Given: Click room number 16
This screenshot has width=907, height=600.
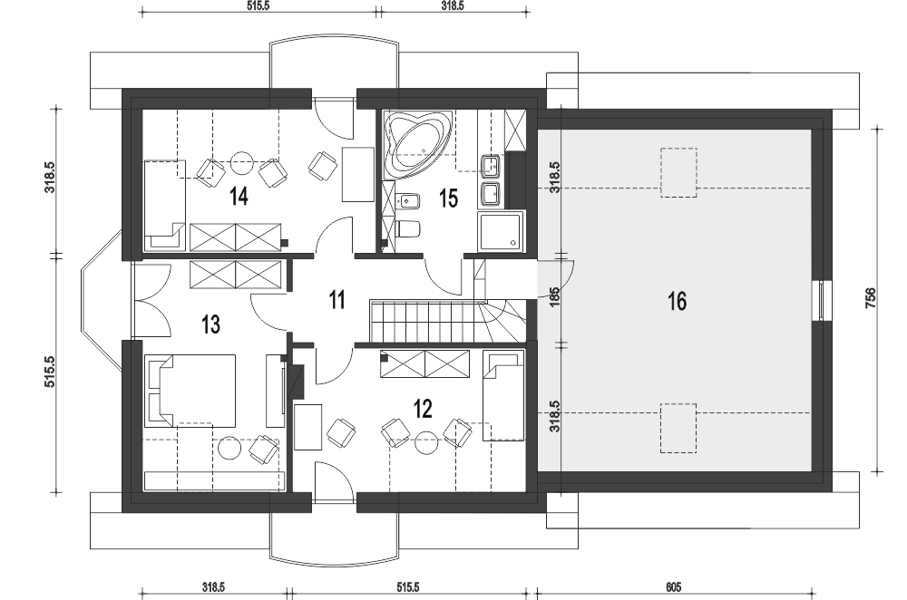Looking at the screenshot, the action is [677, 301].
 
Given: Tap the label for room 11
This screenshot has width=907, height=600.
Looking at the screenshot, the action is [336, 301].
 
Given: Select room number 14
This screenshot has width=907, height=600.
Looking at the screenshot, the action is [239, 197].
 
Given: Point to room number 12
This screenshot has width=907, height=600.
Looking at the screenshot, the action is [423, 409].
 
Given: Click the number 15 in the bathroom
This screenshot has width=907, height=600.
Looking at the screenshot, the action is [448, 198].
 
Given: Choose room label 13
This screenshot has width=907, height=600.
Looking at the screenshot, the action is [210, 324].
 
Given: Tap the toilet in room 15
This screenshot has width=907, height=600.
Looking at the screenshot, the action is [408, 229].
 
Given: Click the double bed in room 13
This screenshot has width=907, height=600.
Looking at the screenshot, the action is [191, 390].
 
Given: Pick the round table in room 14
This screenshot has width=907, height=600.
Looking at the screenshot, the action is [242, 163].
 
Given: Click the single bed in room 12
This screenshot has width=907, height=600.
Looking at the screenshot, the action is [503, 396].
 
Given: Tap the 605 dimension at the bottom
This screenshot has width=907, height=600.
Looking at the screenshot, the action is [673, 587].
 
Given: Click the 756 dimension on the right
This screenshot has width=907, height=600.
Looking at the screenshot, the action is [871, 297].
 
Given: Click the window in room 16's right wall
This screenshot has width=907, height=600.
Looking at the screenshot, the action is [822, 300].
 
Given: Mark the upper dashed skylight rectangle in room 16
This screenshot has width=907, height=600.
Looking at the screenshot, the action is [678, 172].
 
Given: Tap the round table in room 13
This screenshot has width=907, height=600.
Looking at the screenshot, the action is [229, 448].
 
